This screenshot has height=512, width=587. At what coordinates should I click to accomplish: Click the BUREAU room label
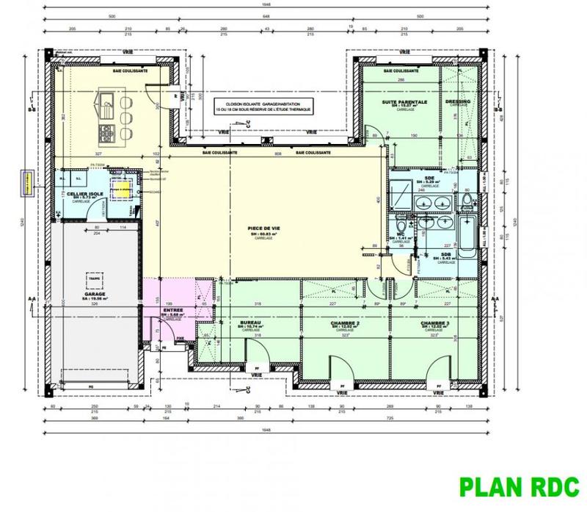pos(252,323)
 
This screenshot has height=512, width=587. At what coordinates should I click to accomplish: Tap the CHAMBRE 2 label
pos(343,323)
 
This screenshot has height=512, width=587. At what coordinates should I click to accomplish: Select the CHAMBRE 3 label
pos(435,323)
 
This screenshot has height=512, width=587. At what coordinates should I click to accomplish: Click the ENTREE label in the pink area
pos(173,311)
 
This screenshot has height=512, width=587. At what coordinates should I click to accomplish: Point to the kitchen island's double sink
pos(108,108)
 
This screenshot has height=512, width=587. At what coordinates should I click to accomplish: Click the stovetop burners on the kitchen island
pos(105,133)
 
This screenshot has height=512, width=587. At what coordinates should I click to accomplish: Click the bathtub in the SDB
pos(467,233)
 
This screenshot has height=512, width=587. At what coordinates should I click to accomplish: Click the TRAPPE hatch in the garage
pos(93,279)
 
